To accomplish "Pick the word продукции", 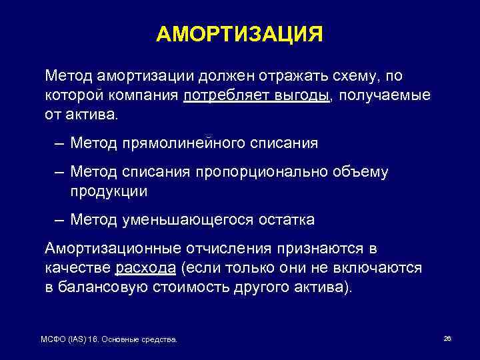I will (x=109, y=191).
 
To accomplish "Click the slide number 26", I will (x=447, y=339).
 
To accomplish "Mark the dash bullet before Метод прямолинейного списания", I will (x=61, y=143).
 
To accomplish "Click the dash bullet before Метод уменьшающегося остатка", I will (x=61, y=219).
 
